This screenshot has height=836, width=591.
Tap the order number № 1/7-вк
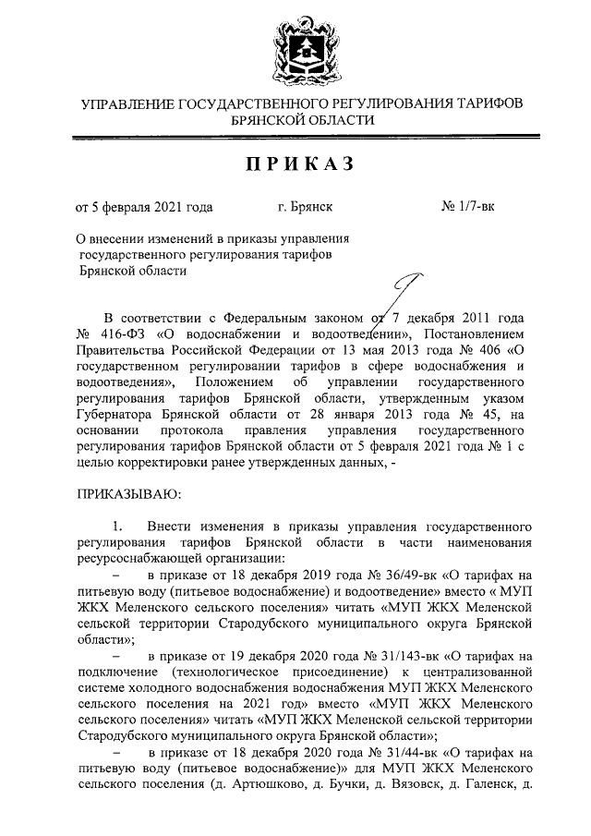click(x=468, y=209)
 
